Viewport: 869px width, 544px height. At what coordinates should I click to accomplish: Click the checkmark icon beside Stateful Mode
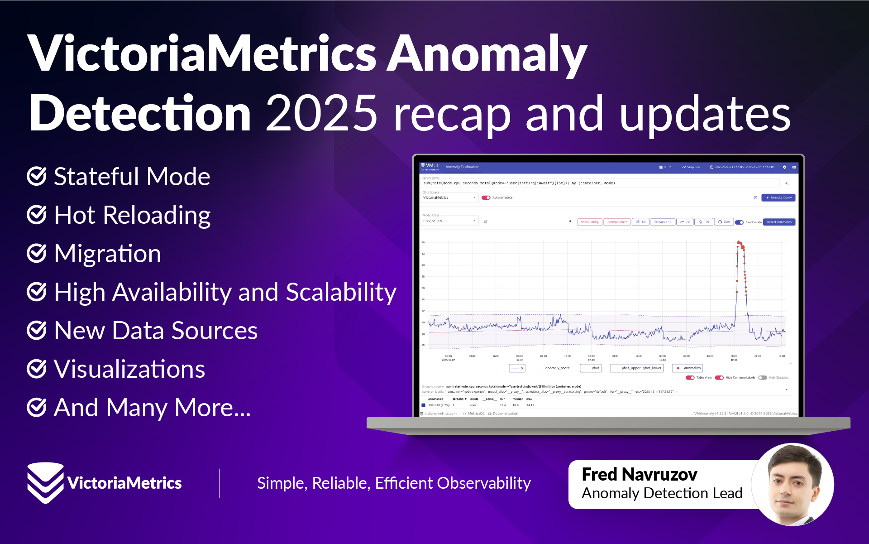[37, 176]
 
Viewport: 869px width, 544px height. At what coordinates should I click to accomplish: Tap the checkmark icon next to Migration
[37, 253]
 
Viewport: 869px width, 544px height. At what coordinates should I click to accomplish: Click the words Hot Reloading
[132, 215]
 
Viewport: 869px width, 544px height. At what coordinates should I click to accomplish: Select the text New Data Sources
[156, 330]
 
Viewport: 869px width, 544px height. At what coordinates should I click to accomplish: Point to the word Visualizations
[129, 369]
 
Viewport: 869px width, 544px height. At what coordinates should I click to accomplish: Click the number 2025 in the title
[321, 113]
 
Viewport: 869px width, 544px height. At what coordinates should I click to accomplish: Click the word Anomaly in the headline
[487, 54]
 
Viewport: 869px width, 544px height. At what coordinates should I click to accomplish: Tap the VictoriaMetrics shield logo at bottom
[45, 482]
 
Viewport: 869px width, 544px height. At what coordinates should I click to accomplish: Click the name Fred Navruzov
[639, 474]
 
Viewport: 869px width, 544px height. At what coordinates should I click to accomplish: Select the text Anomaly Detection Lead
[662, 493]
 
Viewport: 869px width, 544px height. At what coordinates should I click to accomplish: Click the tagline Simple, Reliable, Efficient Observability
[394, 483]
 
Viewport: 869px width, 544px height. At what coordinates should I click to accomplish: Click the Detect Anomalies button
[779, 222]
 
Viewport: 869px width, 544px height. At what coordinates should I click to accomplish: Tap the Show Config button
[589, 222]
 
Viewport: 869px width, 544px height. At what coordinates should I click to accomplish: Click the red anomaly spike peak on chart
[739, 243]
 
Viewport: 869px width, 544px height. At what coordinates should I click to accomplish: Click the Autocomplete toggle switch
[486, 197]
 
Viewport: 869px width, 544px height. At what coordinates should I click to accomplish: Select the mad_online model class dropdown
[449, 221]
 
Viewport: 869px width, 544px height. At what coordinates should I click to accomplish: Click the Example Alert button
[617, 222]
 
